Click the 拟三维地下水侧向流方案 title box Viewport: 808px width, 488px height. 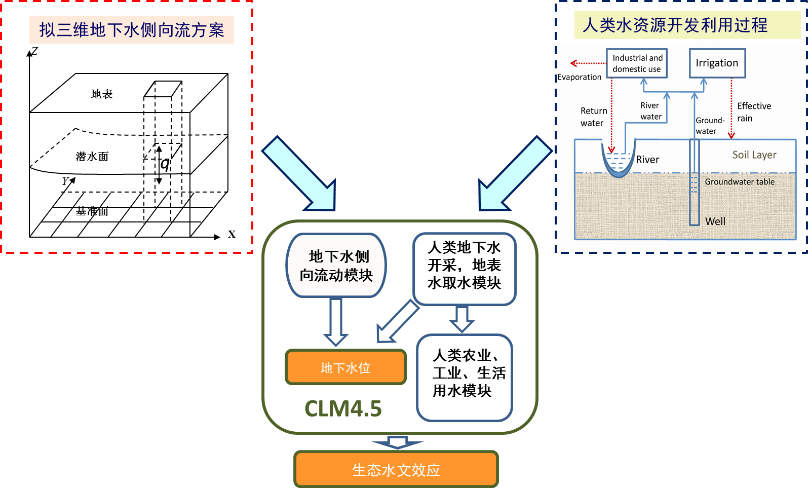(132, 30)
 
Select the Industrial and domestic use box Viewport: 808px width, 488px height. (637, 63)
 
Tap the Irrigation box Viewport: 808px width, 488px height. (717, 63)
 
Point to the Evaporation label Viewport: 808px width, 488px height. (580, 77)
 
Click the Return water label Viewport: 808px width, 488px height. (593, 117)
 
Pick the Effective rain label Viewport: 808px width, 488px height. (753, 112)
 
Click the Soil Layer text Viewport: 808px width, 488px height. (754, 155)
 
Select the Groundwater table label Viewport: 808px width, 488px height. (739, 182)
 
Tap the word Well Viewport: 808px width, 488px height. (715, 221)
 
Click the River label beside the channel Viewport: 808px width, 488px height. (647, 160)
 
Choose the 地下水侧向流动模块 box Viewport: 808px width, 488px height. (336, 266)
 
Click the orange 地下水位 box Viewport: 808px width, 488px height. (346, 367)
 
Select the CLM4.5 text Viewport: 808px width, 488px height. (343, 409)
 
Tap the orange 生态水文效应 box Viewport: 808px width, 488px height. (396, 470)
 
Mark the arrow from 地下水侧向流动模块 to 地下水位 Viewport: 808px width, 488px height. (336, 321)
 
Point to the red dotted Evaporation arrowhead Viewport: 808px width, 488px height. (573, 63)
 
